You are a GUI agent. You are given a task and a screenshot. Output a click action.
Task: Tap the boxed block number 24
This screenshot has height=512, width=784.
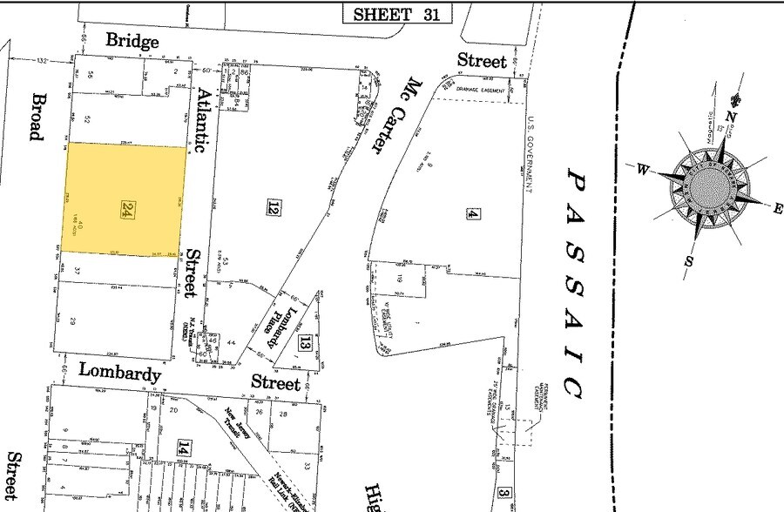pos(127,208)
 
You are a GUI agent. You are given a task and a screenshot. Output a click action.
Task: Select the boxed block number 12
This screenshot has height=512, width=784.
pos(273,207)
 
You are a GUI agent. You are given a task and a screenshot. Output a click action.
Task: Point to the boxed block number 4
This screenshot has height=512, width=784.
pos(473,212)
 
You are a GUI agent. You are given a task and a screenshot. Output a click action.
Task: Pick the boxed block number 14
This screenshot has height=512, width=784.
pos(183,448)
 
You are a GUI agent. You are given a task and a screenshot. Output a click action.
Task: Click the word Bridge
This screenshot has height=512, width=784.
pos(132,41)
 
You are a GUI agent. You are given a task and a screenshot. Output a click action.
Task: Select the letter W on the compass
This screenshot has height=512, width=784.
pos(642,170)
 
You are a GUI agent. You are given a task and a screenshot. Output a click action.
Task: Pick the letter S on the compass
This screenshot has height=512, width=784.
pos(688,260)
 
